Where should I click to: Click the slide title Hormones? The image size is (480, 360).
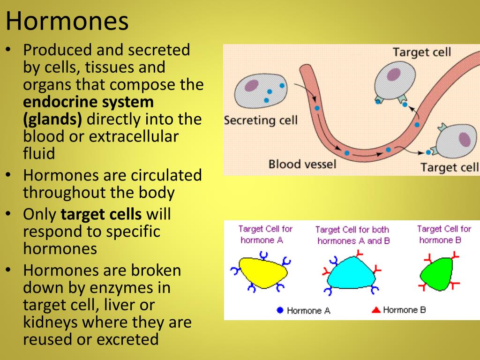(67, 21)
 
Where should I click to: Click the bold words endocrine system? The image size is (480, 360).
(88, 102)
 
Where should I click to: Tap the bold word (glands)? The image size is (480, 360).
(52, 120)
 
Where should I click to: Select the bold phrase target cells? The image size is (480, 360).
(101, 214)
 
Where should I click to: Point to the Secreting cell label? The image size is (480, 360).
(261, 120)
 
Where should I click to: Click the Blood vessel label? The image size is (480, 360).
(302, 165)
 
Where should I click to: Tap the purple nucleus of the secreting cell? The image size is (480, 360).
(252, 85)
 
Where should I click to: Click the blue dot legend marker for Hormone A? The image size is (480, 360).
(280, 310)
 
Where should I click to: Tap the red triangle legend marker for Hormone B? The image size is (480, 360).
(376, 310)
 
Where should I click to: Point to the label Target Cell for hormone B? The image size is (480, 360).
(443, 234)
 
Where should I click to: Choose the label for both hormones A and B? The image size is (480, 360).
(352, 235)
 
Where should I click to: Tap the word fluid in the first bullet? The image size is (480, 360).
(39, 153)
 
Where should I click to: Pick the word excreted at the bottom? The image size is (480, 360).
(127, 339)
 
